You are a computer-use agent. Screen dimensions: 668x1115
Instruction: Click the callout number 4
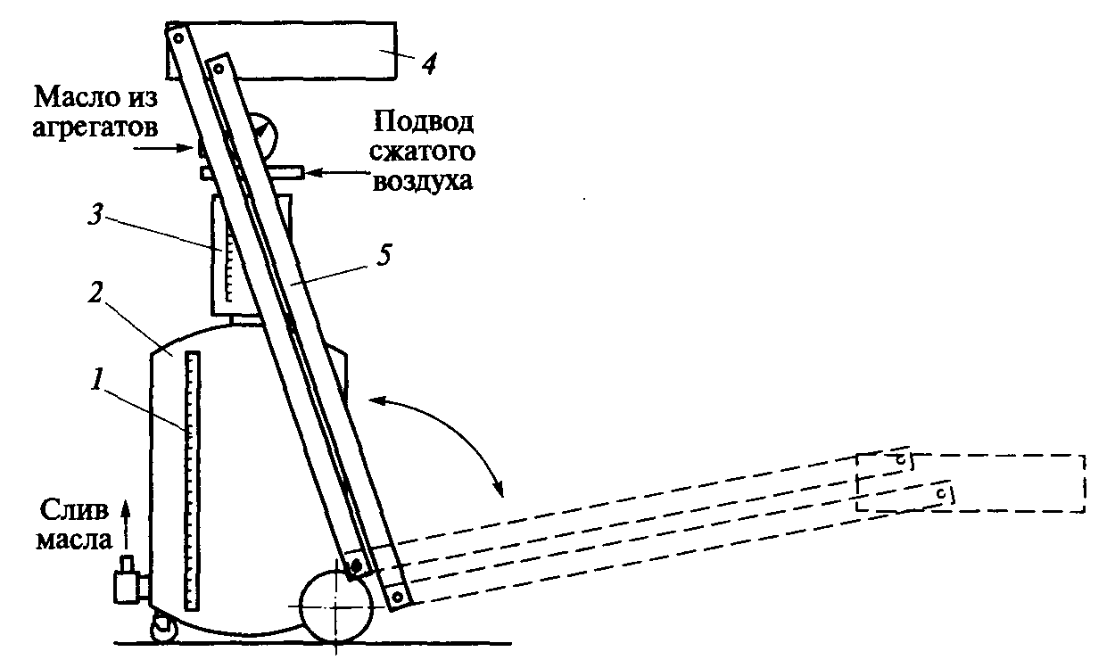coord(429,64)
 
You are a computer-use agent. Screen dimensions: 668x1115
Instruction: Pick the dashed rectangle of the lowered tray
coord(972,483)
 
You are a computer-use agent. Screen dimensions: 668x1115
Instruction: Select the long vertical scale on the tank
coord(192,481)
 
